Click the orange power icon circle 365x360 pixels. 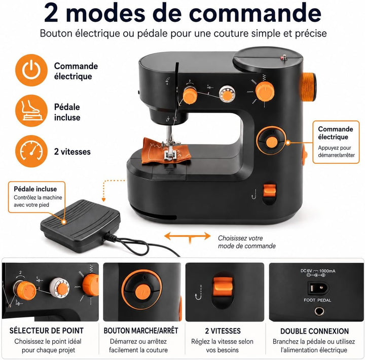tap(31, 70)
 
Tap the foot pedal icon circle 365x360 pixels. tap(31, 111)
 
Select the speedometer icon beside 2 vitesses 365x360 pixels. tap(31, 152)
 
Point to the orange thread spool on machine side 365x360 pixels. tap(309, 87)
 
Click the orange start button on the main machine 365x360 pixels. tap(271, 142)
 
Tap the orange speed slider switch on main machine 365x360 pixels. tap(270, 191)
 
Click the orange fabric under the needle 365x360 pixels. tap(166, 151)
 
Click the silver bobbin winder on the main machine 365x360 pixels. tap(227, 94)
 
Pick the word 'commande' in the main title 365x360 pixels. tap(255, 13)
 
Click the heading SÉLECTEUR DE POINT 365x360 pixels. tap(47, 331)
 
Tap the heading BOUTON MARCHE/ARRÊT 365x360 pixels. tap(141, 331)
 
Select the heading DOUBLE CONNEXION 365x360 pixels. tap(314, 331)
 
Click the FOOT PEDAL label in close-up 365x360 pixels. tap(317, 300)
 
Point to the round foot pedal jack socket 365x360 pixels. tap(319, 311)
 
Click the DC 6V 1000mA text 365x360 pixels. tap(318, 271)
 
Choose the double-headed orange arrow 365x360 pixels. tap(188, 236)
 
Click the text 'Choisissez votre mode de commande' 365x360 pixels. tap(247, 242)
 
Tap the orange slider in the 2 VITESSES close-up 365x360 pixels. tap(223, 286)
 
